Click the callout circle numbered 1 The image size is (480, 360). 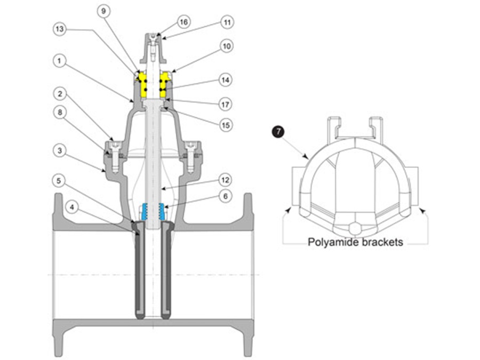point(60,62)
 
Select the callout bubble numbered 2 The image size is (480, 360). point(60,94)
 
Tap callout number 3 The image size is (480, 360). point(60,151)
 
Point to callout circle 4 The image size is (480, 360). point(70,205)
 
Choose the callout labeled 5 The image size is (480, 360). point(60,181)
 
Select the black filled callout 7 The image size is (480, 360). point(277,130)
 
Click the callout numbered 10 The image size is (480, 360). point(227,47)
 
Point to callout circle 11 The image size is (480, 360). point(227,23)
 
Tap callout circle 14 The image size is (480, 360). point(227,80)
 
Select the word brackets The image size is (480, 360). point(381,242)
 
